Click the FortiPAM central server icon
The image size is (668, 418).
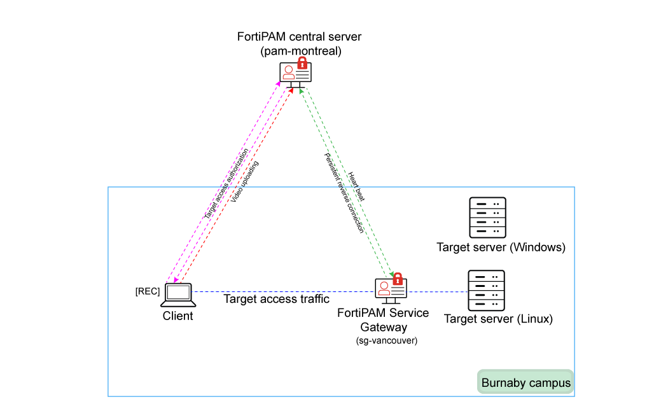pyautogui.click(x=295, y=75)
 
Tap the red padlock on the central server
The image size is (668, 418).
pyautogui.click(x=302, y=63)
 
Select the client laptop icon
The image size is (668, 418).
pyautogui.click(x=178, y=295)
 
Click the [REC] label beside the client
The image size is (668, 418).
pyautogui.click(x=148, y=291)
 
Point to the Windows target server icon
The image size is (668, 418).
pyautogui.click(x=487, y=216)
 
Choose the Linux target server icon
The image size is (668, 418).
pyautogui.click(x=486, y=290)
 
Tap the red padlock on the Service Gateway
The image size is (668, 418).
pyautogui.click(x=398, y=279)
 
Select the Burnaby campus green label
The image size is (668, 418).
pyautogui.click(x=525, y=383)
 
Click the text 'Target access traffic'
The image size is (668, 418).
pyautogui.click(x=277, y=299)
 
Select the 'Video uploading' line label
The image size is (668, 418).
pyautogui.click(x=245, y=182)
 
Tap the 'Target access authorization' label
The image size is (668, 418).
pyautogui.click(x=226, y=185)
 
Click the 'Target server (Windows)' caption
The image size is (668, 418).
pyautogui.click(x=501, y=247)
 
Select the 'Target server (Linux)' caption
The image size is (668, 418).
pyautogui.click(x=498, y=319)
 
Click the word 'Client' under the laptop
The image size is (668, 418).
pyautogui.click(x=177, y=316)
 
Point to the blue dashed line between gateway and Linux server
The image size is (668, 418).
pyautogui.click(x=438, y=292)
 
